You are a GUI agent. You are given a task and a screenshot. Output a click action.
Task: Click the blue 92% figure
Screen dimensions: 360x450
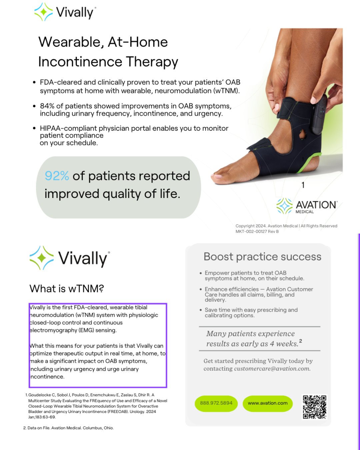pyautogui.click(x=57, y=176)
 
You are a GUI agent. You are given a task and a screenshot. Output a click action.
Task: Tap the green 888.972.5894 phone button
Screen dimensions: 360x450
pyautogui.click(x=216, y=403)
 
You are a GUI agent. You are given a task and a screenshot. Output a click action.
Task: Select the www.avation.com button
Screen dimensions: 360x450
pyautogui.click(x=268, y=403)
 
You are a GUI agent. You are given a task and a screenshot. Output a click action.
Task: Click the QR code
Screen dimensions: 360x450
pyautogui.click(x=314, y=407)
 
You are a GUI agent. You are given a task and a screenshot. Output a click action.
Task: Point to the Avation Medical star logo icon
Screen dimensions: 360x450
pyautogui.click(x=284, y=206)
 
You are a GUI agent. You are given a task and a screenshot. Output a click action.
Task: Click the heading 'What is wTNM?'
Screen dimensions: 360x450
pyautogui.click(x=67, y=289)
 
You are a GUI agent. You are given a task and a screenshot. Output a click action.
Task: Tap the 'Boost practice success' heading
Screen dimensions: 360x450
pyautogui.click(x=262, y=257)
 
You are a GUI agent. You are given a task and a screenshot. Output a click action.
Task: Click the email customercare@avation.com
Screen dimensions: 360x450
pyautogui.click(x=272, y=368)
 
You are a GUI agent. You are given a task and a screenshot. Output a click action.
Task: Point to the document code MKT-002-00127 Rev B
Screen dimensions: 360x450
pyautogui.click(x=257, y=231)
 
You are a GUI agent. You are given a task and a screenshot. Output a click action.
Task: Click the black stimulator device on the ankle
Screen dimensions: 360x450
pyautogui.click(x=319, y=115)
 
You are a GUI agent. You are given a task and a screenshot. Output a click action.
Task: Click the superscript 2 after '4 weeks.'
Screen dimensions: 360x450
pyautogui.click(x=301, y=341)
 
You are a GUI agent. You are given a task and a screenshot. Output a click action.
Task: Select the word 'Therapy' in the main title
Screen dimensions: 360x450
pyautogui.click(x=152, y=62)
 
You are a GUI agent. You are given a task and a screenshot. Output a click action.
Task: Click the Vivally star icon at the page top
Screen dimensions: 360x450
pyautogui.click(x=43, y=12)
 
